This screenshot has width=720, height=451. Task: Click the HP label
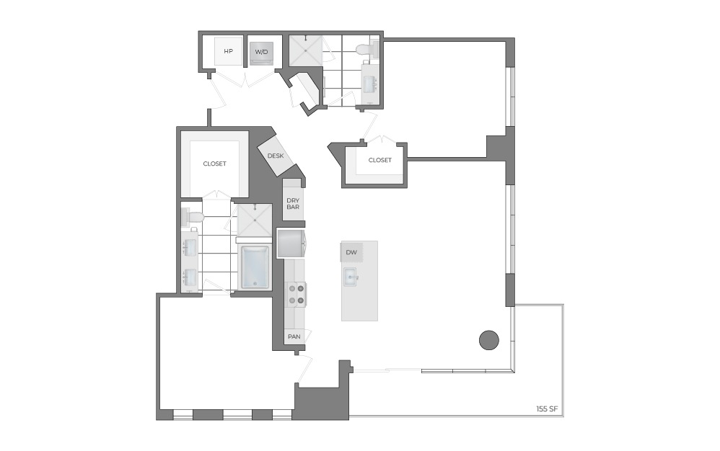(229, 52)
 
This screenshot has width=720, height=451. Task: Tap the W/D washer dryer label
(261, 52)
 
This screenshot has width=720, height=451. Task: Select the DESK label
(275, 156)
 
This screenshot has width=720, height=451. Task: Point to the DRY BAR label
(293, 203)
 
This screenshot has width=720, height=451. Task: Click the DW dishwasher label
(351, 252)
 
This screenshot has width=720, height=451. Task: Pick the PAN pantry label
(294, 336)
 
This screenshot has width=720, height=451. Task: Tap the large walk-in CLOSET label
(214, 164)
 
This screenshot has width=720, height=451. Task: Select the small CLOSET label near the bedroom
(379, 160)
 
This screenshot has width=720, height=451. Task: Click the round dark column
(489, 339)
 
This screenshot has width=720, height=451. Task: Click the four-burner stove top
(295, 294)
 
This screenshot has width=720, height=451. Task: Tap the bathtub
(255, 267)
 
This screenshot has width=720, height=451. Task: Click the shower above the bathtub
(255, 220)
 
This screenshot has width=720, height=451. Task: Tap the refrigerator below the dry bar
(291, 244)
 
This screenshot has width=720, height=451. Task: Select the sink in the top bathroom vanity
(369, 84)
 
